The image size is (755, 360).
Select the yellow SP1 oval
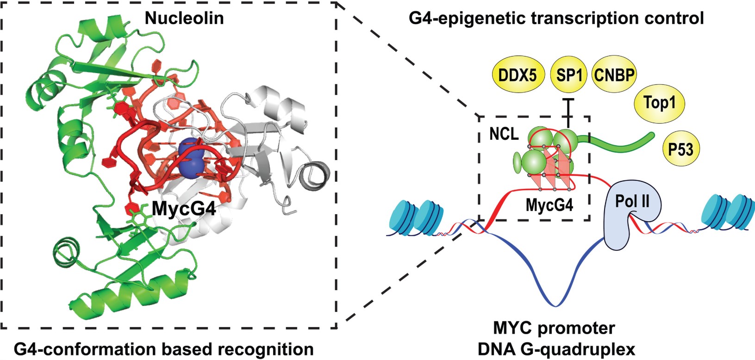tap(568, 74)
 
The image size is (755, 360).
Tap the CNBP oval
tap(614, 74)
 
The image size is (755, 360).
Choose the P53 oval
tap(681, 149)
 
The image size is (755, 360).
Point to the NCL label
tap(504, 134)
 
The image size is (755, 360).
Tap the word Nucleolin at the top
tap(184, 18)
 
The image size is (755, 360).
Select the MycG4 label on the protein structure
tap(184, 209)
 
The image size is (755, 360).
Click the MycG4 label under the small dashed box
tap(549, 205)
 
